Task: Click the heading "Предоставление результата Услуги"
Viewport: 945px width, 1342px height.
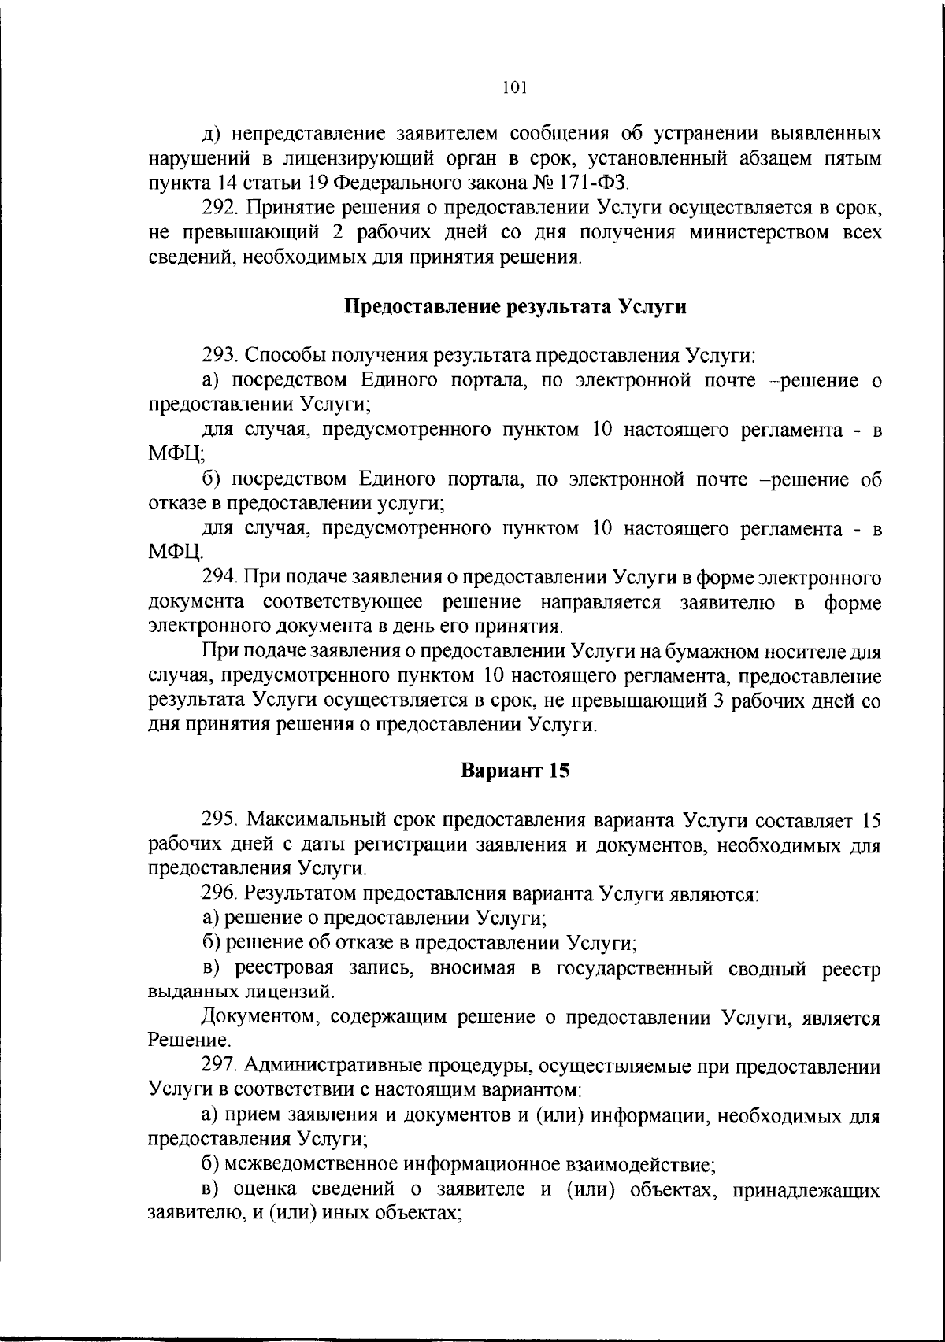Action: pos(516,307)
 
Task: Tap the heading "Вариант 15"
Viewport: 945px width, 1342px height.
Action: pos(514,771)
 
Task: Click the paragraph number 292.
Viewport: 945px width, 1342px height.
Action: pos(217,209)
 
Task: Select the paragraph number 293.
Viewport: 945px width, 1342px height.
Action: pos(217,356)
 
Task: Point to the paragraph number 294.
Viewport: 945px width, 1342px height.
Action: pos(217,578)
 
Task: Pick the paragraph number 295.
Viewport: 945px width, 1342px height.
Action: pos(217,820)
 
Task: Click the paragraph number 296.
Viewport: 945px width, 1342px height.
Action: pos(217,893)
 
